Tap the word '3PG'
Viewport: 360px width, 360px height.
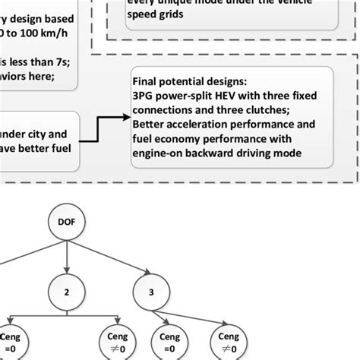click(x=144, y=93)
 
